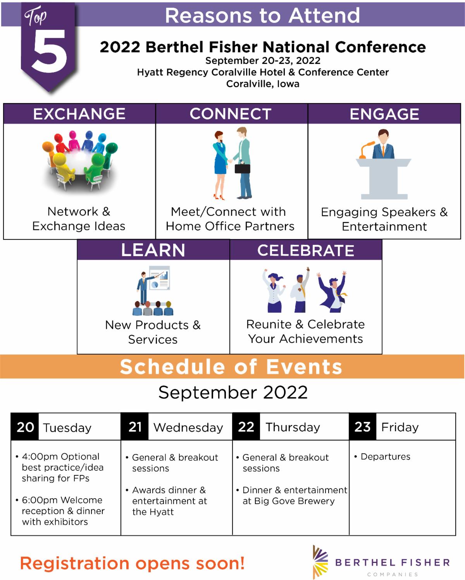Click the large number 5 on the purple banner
click(x=49, y=51)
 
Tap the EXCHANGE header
click(x=79, y=114)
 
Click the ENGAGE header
click(x=384, y=114)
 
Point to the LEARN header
click(x=153, y=250)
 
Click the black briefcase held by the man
click(x=242, y=168)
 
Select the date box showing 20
click(x=25, y=427)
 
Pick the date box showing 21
click(x=134, y=427)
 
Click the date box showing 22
click(x=246, y=427)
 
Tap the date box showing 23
click(x=363, y=427)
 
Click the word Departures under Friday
click(x=386, y=456)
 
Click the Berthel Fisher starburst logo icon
click(x=320, y=562)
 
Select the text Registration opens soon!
click(x=133, y=563)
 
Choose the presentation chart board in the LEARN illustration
click(x=160, y=278)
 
